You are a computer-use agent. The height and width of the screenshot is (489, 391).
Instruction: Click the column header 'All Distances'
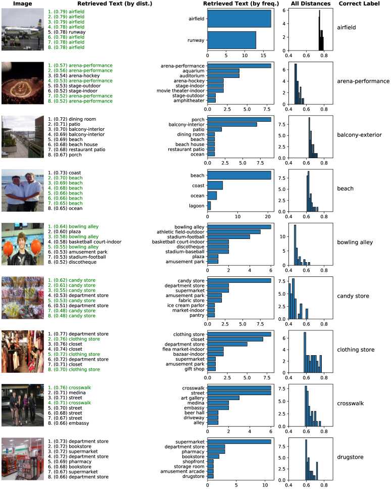(311, 4)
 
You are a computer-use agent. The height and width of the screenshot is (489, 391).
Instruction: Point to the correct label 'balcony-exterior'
(359, 134)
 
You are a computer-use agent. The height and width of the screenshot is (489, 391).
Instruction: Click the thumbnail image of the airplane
(23, 30)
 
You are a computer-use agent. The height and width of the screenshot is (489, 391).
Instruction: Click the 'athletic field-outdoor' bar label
(181, 232)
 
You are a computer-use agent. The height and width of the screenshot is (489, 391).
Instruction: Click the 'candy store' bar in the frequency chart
(239, 280)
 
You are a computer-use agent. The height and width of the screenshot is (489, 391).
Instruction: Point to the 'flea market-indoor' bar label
(182, 349)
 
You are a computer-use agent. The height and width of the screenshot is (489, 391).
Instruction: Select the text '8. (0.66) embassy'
(68, 423)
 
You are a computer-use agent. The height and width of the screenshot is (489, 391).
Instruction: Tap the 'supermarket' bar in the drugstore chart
(239, 442)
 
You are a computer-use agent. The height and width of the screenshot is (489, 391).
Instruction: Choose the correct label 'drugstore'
(350, 457)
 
